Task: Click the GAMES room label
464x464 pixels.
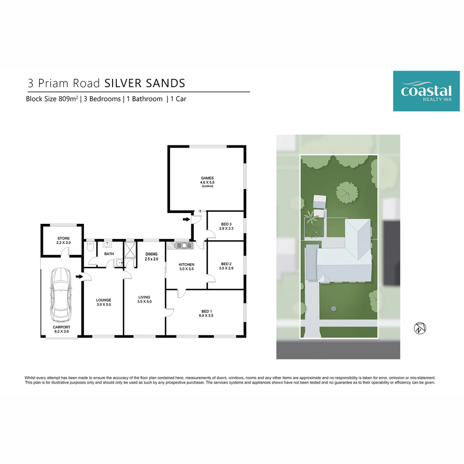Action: click(x=207, y=178)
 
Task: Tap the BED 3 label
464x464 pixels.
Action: click(x=226, y=224)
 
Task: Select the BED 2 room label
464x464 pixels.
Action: click(x=226, y=264)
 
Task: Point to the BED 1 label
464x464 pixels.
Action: click(x=207, y=311)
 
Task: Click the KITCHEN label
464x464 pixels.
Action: click(x=186, y=265)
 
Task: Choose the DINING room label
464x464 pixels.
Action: click(x=152, y=254)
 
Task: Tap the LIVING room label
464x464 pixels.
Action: click(x=144, y=297)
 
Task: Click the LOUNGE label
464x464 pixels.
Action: click(x=104, y=300)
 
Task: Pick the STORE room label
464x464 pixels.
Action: click(x=64, y=238)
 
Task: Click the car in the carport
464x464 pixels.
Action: click(x=61, y=295)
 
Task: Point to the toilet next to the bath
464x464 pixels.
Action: click(x=90, y=246)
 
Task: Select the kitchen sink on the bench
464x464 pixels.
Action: click(x=184, y=245)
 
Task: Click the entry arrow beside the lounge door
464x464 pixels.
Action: click(x=79, y=276)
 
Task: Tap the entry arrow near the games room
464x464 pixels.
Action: click(x=186, y=219)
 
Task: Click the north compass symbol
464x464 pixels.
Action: click(x=420, y=328)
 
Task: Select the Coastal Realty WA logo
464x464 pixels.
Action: click(x=426, y=91)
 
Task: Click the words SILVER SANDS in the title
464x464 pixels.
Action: click(x=145, y=83)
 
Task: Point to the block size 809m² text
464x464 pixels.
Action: click(x=52, y=99)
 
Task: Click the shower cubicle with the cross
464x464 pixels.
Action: click(x=130, y=250)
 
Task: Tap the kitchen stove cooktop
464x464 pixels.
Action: click(x=171, y=245)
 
